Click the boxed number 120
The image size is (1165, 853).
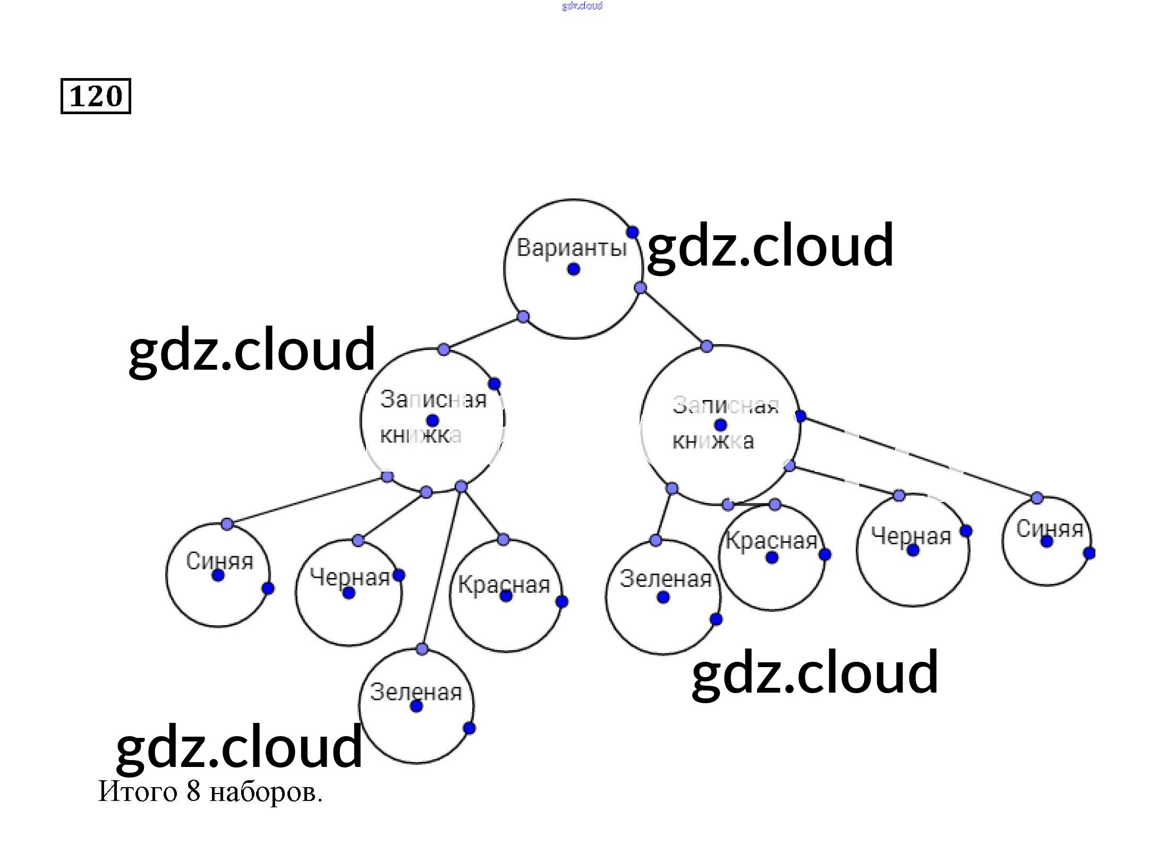(x=96, y=96)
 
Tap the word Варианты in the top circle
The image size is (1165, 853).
(x=572, y=248)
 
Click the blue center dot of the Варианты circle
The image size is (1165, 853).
(x=573, y=269)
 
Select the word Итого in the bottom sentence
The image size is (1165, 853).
(x=137, y=791)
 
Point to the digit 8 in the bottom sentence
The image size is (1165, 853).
(x=193, y=791)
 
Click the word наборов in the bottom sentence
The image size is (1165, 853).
(x=266, y=792)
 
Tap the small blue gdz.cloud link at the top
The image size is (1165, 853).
(x=582, y=6)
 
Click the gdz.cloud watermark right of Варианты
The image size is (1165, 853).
(x=770, y=245)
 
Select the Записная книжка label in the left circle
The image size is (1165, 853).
(x=433, y=417)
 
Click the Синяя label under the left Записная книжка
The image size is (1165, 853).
(x=219, y=561)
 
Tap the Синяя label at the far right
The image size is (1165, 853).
(x=1049, y=528)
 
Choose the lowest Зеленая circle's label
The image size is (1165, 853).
(x=416, y=692)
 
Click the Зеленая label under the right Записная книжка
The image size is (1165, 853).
(x=665, y=579)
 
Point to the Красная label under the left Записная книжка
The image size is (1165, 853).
(x=504, y=585)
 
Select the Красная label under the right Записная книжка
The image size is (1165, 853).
(x=771, y=541)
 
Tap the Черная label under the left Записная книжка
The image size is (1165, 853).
(x=350, y=577)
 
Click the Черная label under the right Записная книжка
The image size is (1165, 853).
(x=911, y=536)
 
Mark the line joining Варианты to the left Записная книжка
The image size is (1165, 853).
(x=483, y=333)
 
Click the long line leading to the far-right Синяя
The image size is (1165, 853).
(x=919, y=457)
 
